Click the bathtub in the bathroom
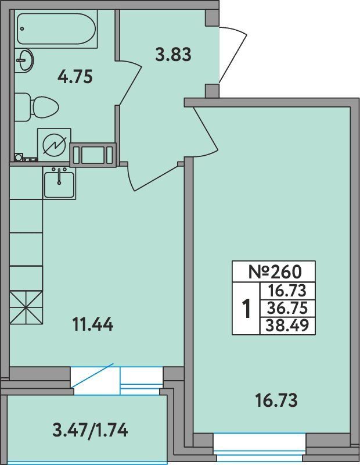(x=56, y=29)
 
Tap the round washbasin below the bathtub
(x=24, y=60)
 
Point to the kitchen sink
(x=59, y=183)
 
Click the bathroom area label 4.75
(x=75, y=76)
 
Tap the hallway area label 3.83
(x=173, y=55)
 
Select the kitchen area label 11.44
(x=93, y=324)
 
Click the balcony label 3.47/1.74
(x=90, y=430)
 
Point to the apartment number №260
(x=275, y=271)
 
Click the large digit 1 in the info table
(x=246, y=309)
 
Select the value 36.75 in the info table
(x=287, y=309)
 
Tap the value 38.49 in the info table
(x=287, y=325)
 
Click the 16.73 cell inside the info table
(x=287, y=290)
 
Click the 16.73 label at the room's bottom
(x=276, y=400)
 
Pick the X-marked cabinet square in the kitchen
(x=26, y=308)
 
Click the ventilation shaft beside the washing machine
(x=93, y=155)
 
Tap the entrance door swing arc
(x=234, y=53)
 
